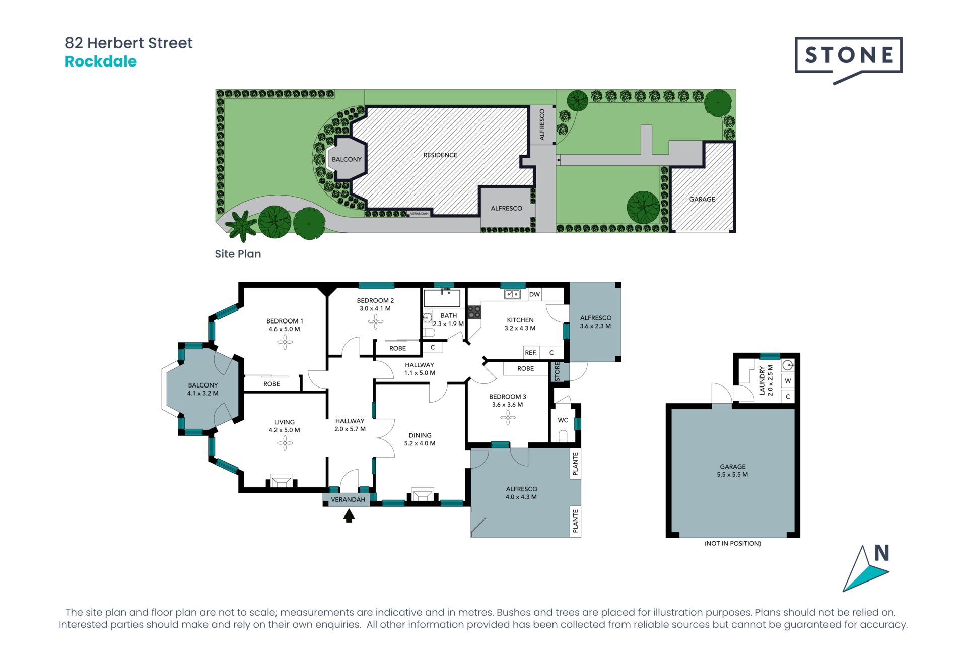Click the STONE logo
click(x=849, y=59)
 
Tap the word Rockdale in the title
click(x=101, y=61)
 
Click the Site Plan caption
click(x=238, y=254)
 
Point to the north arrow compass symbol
click(x=866, y=568)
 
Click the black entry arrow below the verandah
click(x=349, y=515)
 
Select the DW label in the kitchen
click(x=534, y=294)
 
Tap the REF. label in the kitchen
click(x=531, y=353)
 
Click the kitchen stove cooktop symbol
click(x=474, y=312)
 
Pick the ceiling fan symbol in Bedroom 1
click(x=285, y=343)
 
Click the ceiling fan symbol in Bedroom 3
click(x=508, y=417)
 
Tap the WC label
click(x=563, y=420)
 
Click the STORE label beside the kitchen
click(x=557, y=371)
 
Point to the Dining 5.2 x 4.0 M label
click(x=420, y=439)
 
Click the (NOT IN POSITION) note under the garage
click(x=733, y=543)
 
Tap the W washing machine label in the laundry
click(x=788, y=381)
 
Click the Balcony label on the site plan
click(x=347, y=159)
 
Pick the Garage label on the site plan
click(x=702, y=199)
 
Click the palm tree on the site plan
click(x=241, y=226)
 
